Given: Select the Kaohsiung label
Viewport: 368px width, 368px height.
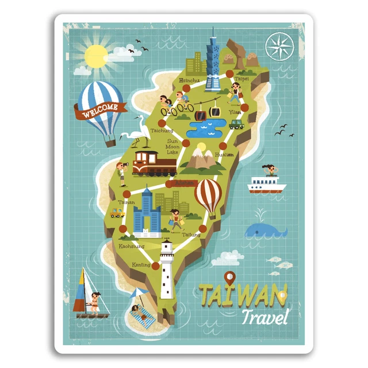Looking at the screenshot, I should [131, 246].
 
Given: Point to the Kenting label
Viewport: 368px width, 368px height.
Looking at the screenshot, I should [141, 265].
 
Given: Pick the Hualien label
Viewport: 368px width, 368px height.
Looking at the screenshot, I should [224, 154].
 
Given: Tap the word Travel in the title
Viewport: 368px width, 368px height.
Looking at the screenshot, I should [264, 316].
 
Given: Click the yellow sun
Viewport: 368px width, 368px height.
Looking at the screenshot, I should [96, 56].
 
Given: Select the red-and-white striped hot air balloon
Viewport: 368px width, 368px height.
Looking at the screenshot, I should [208, 195].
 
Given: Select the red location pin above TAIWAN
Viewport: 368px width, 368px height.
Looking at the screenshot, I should [231, 278].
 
